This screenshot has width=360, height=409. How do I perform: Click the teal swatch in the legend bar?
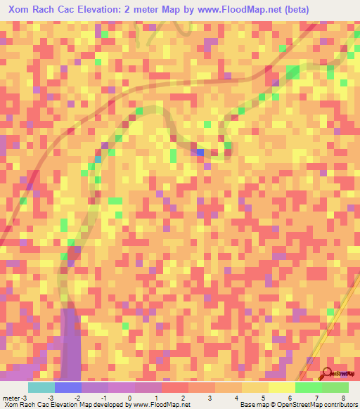41,387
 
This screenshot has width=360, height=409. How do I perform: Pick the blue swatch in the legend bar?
67,387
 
